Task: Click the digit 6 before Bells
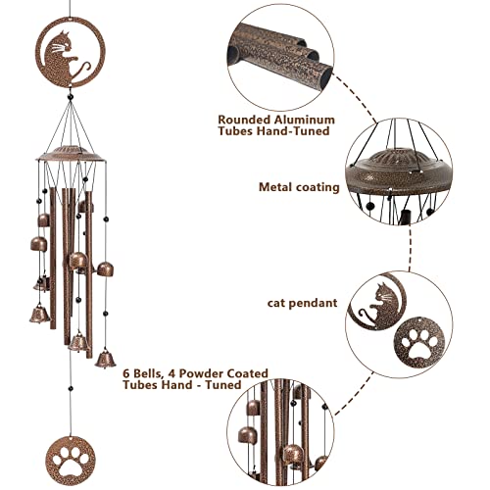point(127,373)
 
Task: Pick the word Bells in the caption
point(151,373)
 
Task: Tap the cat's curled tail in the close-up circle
point(367,318)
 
